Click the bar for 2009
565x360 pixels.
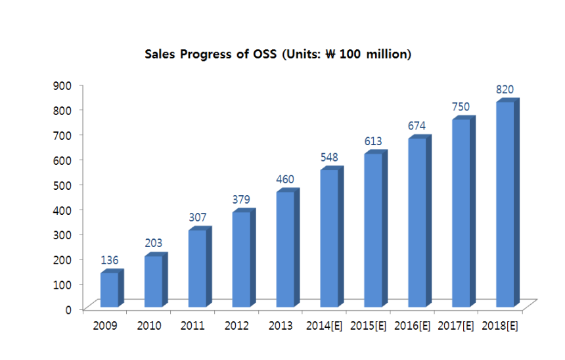109,290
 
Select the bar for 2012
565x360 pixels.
241,259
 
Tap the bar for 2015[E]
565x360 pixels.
373,230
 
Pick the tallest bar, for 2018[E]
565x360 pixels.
505,204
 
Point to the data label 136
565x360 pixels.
109,261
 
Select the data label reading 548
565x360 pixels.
329,158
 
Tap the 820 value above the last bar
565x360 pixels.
505,90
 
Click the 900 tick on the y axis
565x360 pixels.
63,85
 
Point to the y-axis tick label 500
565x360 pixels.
63,185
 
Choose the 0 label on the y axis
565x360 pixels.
68,309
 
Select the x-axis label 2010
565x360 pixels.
149,325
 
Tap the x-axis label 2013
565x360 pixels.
281,325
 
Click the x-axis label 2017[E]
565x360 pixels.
455,325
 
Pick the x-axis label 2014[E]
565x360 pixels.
324,325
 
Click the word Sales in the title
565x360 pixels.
160,54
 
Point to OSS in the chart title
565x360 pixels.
265,54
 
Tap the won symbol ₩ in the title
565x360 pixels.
330,54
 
